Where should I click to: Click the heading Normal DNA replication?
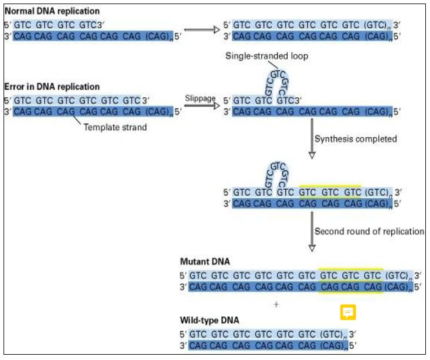(x=52, y=11)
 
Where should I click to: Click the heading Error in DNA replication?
(x=52, y=87)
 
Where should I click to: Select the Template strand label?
(x=115, y=126)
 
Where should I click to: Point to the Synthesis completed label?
(x=355, y=140)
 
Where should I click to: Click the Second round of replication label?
(x=369, y=232)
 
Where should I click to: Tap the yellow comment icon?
(x=348, y=312)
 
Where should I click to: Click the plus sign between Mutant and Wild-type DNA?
(x=276, y=305)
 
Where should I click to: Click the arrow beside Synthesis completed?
(x=312, y=140)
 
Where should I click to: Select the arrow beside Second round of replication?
(x=312, y=232)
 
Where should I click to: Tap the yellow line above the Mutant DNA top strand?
(x=351, y=268)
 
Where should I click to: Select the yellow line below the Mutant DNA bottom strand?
(x=351, y=293)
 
